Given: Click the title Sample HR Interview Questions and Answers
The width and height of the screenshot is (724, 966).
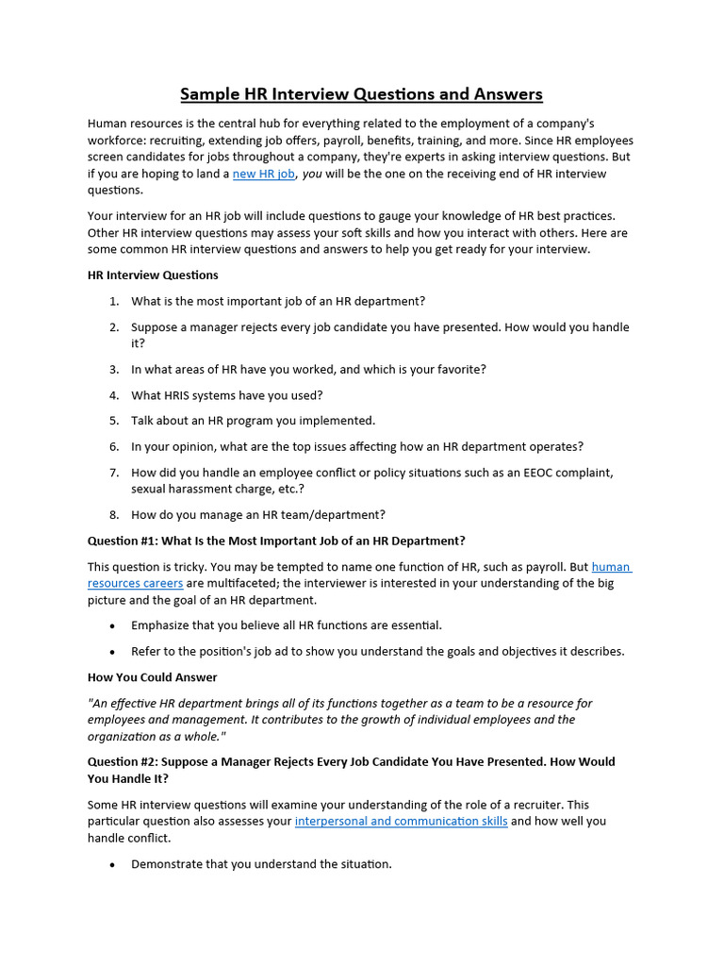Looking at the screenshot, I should coord(361,94).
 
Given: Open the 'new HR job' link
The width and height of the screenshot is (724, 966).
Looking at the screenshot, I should coord(264,174).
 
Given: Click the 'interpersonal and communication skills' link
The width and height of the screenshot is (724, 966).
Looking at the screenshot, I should coord(401,821).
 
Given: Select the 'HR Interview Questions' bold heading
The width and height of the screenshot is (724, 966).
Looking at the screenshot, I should coord(153,275).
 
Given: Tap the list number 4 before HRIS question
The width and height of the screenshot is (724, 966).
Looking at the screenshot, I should coord(113,395).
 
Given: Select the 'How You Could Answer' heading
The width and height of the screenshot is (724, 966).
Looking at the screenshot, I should coord(152,676).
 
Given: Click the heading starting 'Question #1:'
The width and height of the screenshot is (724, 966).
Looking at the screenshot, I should coord(276,541).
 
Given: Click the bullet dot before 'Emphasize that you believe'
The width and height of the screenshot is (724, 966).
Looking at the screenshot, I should coord(113,625).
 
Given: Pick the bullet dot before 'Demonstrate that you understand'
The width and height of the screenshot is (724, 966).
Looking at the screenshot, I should coord(113,864).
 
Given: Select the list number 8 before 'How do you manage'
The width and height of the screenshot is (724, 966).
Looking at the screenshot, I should coord(113,515).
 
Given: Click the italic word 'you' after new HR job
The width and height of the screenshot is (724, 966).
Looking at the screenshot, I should coord(313,174).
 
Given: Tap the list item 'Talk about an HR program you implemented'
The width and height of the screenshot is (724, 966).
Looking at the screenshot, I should coord(253,421).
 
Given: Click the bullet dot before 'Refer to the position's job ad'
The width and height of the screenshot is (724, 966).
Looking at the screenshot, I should coord(113,651).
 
